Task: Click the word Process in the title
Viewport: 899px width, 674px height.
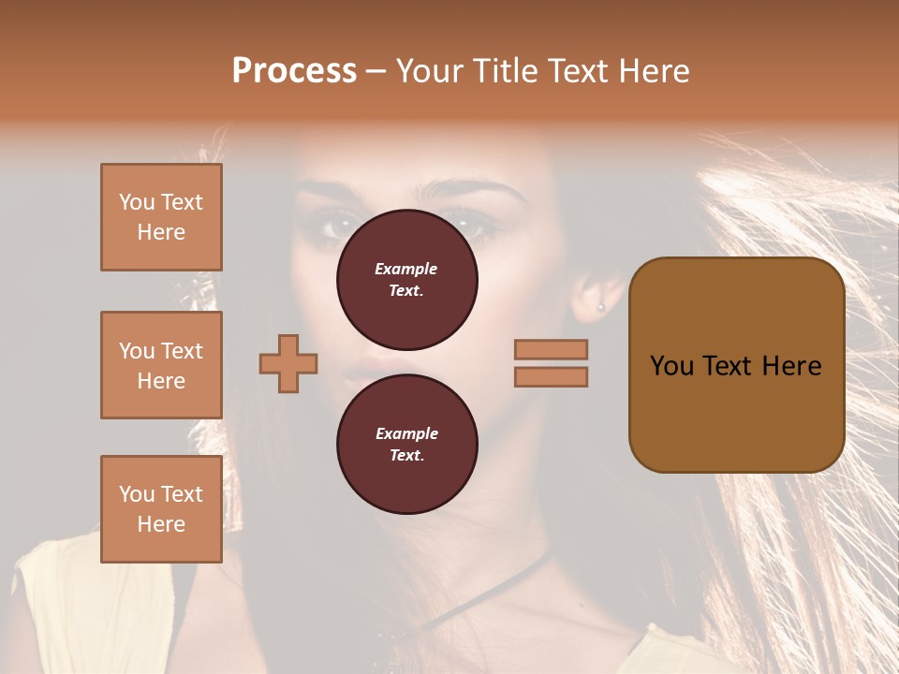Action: click(294, 71)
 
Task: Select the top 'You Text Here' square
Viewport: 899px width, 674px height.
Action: click(161, 217)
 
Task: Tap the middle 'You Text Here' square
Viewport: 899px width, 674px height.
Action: click(161, 365)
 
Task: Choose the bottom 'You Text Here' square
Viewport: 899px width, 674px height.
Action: click(161, 509)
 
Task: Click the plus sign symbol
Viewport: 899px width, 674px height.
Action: click(288, 363)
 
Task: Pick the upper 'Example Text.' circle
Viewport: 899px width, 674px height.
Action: click(407, 280)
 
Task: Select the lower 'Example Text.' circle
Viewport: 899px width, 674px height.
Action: click(407, 444)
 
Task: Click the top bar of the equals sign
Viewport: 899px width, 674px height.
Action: click(551, 349)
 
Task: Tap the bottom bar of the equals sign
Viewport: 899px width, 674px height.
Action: click(551, 377)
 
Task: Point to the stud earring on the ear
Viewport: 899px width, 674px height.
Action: click(600, 306)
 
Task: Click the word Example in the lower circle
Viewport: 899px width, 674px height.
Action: click(406, 433)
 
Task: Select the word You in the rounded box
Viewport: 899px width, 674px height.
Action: click(671, 366)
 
